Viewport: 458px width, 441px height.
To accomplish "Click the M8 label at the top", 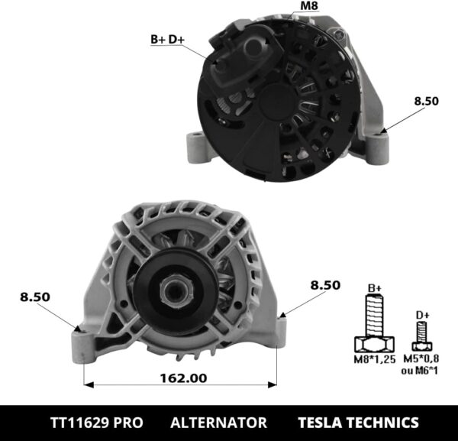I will (309, 7).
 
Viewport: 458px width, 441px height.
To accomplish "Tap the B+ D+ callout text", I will (167, 37).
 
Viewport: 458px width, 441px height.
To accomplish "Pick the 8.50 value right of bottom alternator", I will (324, 284).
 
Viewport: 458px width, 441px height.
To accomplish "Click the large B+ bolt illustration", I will (374, 325).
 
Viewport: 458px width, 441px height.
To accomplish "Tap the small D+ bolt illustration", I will (418, 336).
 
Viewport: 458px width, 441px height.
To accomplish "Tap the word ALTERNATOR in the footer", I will (218, 422).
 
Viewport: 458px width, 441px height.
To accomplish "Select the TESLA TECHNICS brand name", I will (358, 422).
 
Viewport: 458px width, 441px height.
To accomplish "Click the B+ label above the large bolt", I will (375, 288).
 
